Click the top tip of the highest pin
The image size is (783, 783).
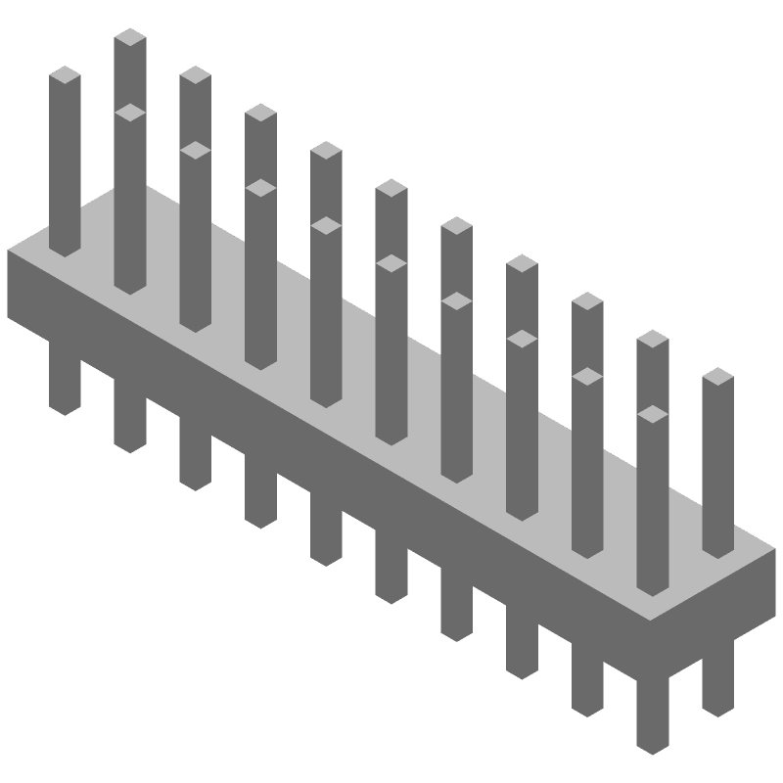click(x=130, y=38)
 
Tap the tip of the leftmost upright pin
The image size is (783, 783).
click(x=65, y=76)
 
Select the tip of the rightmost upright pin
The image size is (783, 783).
click(x=717, y=378)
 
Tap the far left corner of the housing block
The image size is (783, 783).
click(x=10, y=253)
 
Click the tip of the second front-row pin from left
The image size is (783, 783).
click(x=195, y=151)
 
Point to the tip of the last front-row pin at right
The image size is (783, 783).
click(x=652, y=415)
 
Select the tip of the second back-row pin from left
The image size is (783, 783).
click(x=195, y=76)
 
